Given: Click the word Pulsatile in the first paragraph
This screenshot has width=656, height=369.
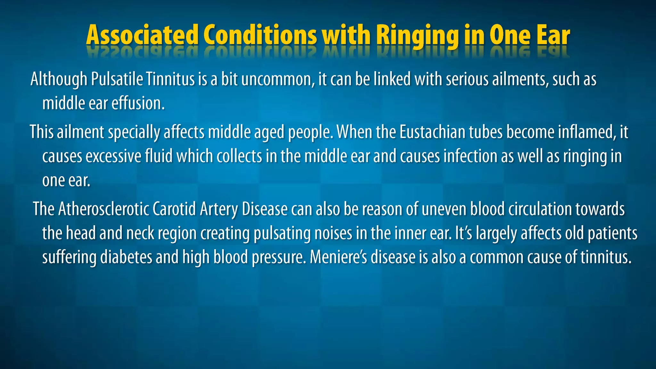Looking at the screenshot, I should tap(117, 79).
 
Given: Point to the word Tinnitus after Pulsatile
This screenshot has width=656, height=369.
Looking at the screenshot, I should tap(170, 79).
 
